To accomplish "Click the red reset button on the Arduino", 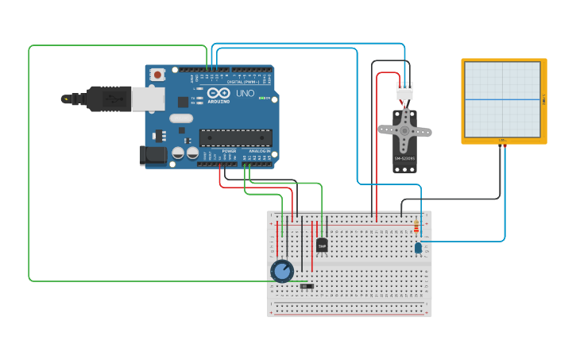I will pyautogui.click(x=157, y=75).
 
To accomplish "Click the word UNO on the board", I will pyautogui.click(x=245, y=93).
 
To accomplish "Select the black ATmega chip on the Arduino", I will pyautogui.click(x=235, y=137).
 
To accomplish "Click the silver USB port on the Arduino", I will pyautogui.click(x=148, y=99).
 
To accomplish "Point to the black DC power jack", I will pyautogui.click(x=153, y=155).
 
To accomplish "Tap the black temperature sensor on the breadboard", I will pyautogui.click(x=322, y=245).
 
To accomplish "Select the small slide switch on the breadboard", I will pyautogui.click(x=307, y=286).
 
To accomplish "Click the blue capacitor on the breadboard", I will pyautogui.click(x=418, y=248).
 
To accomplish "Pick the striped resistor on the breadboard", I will pyautogui.click(x=416, y=227).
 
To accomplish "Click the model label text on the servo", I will pyautogui.click(x=404, y=158).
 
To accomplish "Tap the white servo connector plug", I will pyautogui.click(x=405, y=91).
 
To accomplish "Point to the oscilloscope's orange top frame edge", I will pyautogui.click(x=504, y=60).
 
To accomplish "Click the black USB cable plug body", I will pyautogui.click(x=102, y=99).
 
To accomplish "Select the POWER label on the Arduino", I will pyautogui.click(x=229, y=150).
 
